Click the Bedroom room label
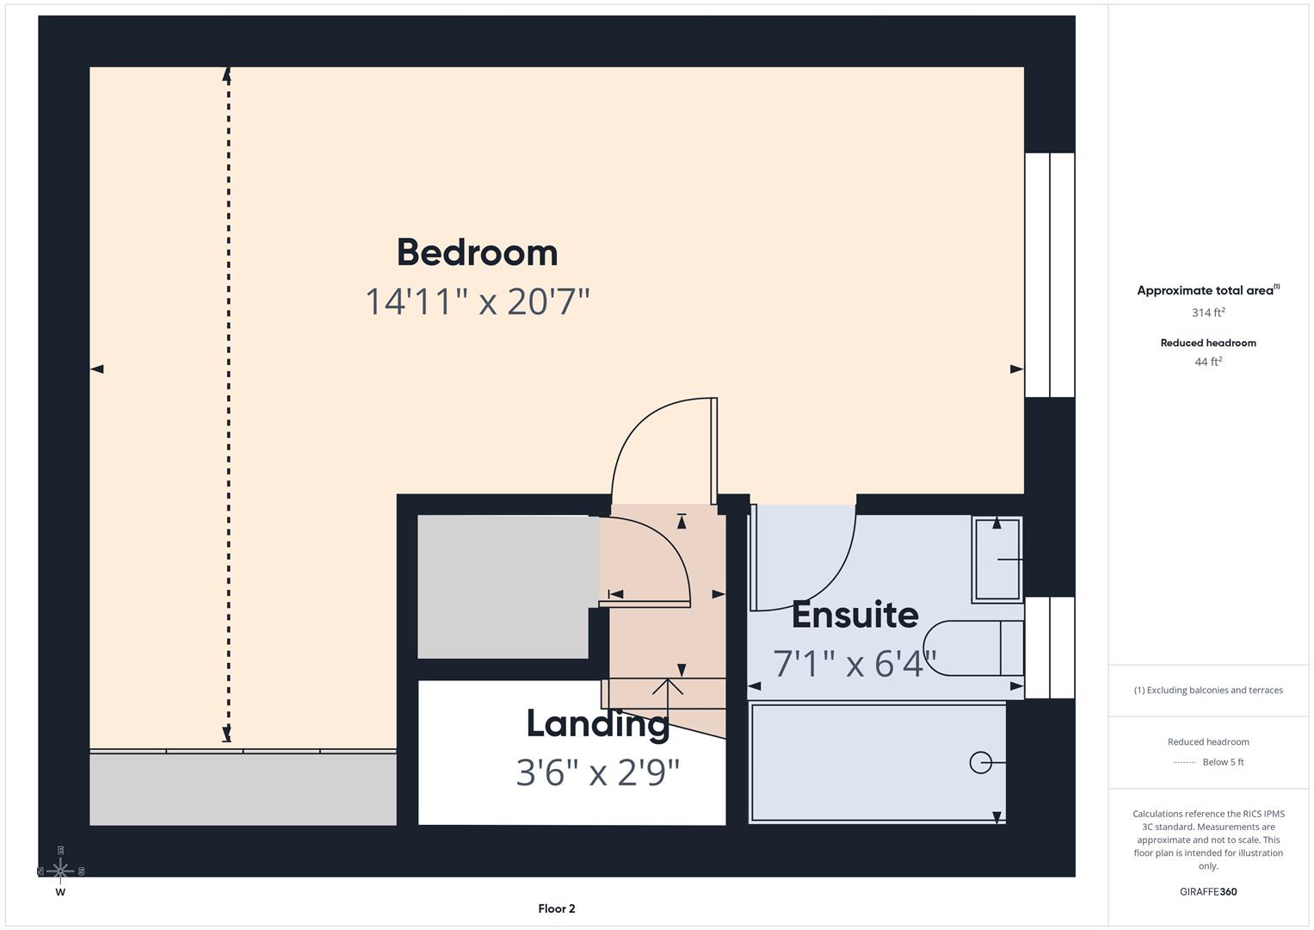tap(477, 252)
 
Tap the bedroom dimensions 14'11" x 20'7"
tap(477, 302)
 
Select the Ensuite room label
tap(854, 615)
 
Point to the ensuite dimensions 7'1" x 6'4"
tap(854, 664)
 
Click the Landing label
tap(597, 723)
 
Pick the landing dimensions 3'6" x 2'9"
tap(597, 772)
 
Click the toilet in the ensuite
tap(972, 648)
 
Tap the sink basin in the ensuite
tap(997, 560)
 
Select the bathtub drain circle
tap(979, 762)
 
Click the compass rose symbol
tap(60, 871)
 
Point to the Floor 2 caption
tap(557, 908)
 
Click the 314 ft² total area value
tap(1208, 313)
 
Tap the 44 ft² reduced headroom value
tap(1208, 362)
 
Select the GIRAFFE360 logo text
tap(1208, 891)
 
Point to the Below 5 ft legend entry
tap(1222, 762)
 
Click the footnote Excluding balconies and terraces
tap(1208, 690)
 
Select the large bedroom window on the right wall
tap(1050, 275)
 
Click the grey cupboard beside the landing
tap(503, 587)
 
